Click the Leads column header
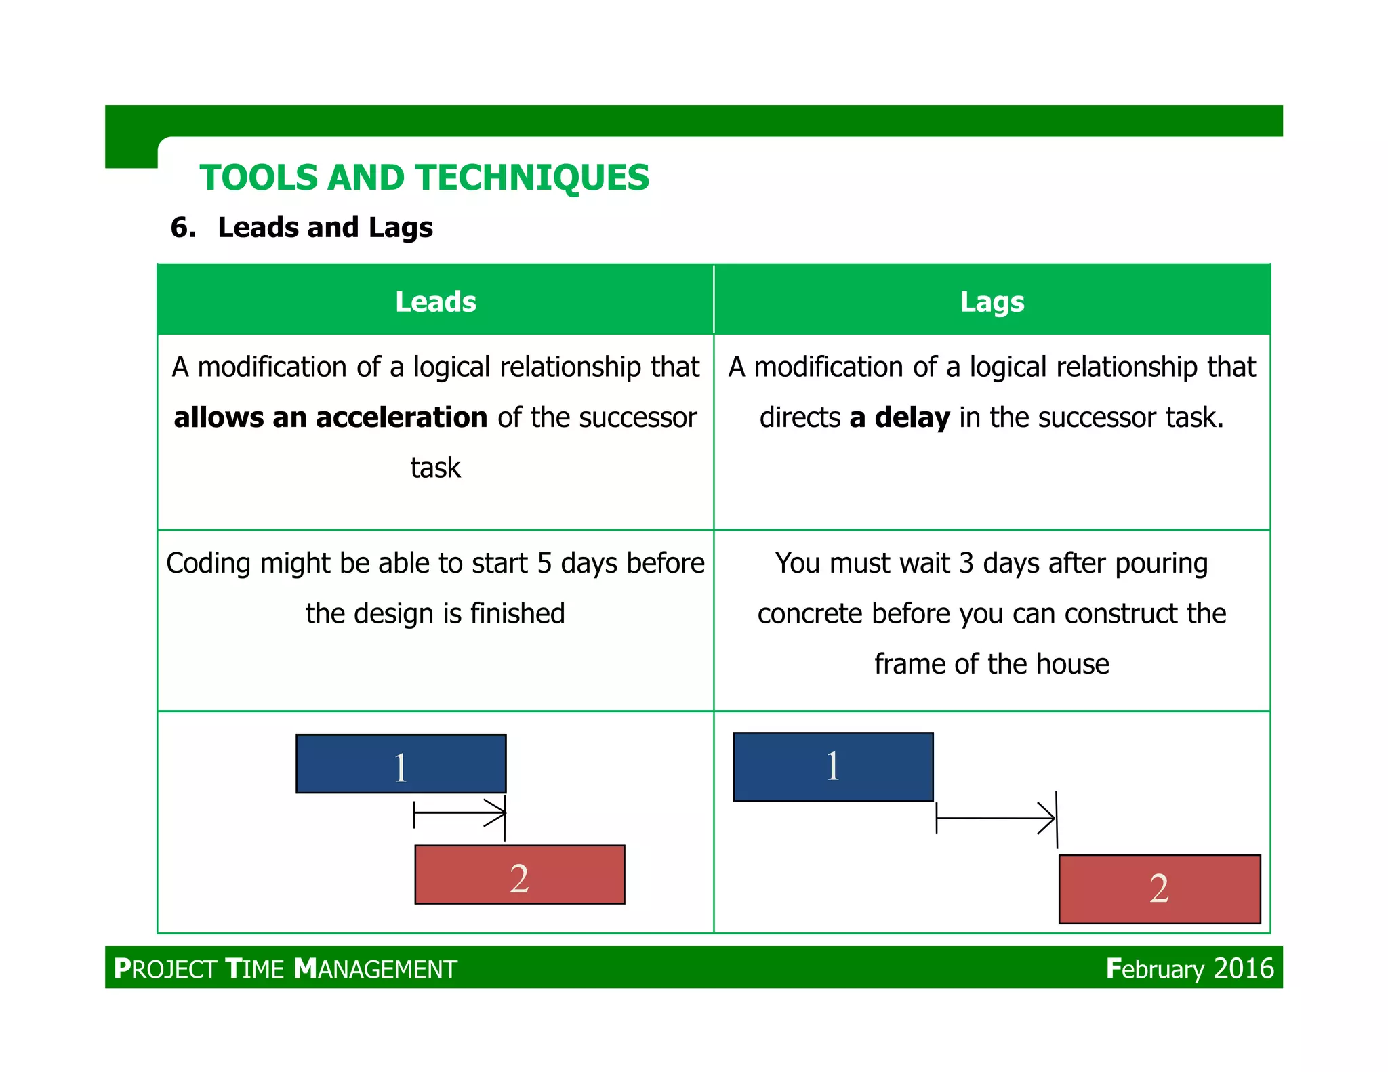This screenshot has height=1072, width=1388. [435, 302]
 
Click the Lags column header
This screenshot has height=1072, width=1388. [992, 302]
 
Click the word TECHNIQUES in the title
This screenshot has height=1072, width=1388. [533, 178]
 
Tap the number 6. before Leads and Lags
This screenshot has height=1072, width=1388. [183, 228]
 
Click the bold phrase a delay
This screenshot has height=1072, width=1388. [899, 417]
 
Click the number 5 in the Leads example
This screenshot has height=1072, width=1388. [544, 564]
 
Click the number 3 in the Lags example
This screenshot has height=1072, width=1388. [966, 564]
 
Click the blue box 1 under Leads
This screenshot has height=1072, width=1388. [401, 764]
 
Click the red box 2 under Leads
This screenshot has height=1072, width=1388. [519, 875]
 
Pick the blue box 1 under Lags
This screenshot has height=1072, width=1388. [833, 766]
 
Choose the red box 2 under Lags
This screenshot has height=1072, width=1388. [1159, 889]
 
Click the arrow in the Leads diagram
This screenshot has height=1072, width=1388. [460, 812]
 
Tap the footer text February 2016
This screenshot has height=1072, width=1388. [1189, 968]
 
